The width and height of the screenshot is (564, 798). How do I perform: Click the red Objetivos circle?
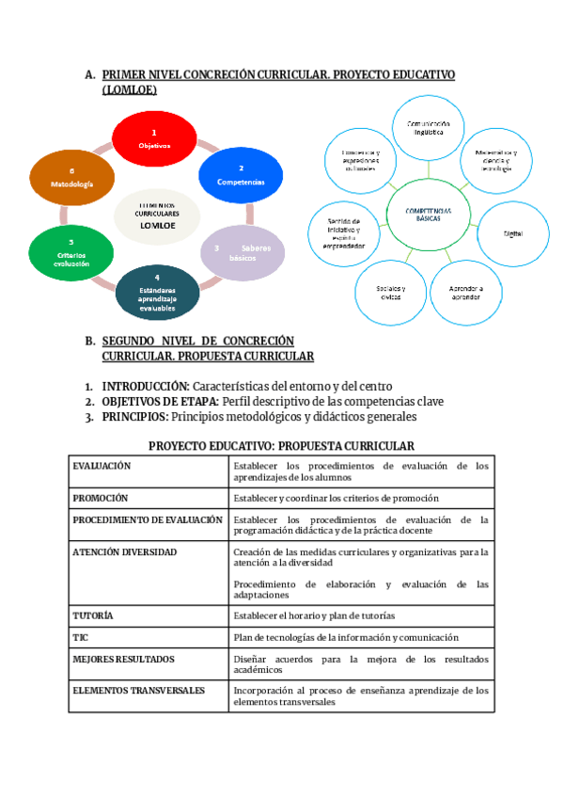point(154,139)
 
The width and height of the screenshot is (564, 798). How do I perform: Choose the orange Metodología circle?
point(71,177)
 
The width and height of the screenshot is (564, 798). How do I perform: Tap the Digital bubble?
point(513,231)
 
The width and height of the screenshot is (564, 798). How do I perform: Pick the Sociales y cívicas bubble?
point(390,291)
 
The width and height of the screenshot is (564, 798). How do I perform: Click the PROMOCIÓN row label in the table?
point(101,497)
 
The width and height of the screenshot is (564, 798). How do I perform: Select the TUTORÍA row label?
point(93,614)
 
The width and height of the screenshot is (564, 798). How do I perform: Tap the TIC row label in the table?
point(81,636)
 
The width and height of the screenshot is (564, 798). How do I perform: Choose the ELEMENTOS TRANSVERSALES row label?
point(138,690)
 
